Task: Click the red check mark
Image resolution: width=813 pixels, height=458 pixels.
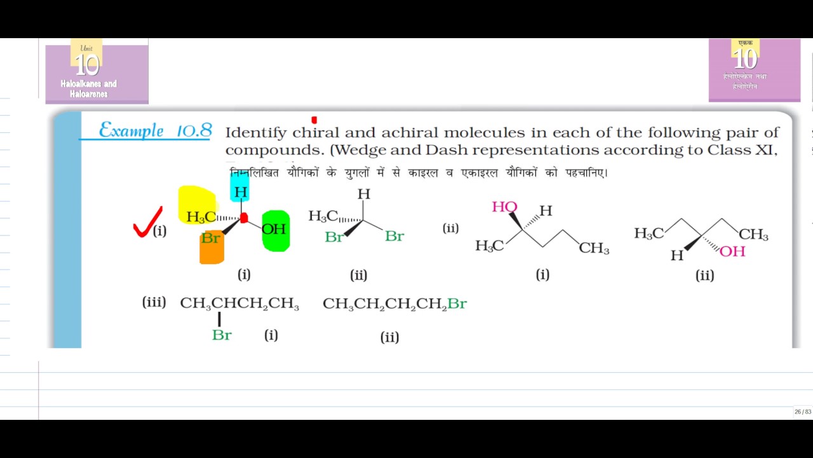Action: click(147, 223)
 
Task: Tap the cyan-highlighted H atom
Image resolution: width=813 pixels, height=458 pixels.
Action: click(240, 191)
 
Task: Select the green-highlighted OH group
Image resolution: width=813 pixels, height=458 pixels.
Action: click(274, 230)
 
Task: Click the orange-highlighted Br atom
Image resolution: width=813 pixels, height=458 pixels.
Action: click(211, 240)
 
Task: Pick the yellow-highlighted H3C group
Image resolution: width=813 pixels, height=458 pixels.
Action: click(200, 217)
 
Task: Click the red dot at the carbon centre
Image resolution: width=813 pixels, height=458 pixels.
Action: click(244, 218)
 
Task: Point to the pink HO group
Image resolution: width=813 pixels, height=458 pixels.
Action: click(504, 207)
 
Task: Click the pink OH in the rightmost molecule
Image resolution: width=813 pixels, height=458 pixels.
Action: click(732, 251)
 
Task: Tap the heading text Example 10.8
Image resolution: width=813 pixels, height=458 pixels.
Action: click(155, 131)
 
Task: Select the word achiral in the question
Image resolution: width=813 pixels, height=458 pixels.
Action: click(410, 133)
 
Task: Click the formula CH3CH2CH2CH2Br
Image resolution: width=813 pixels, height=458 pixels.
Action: click(394, 304)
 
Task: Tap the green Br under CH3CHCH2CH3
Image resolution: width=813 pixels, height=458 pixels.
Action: click(222, 335)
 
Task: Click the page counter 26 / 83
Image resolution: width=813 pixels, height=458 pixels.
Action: click(802, 412)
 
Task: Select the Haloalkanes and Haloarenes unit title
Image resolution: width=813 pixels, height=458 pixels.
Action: click(89, 88)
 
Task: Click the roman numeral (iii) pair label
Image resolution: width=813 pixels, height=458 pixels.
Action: click(154, 302)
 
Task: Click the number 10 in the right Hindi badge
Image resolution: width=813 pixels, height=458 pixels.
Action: click(745, 60)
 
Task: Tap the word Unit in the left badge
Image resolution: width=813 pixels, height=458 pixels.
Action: click(86, 48)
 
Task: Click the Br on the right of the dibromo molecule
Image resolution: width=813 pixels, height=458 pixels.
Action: click(394, 236)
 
